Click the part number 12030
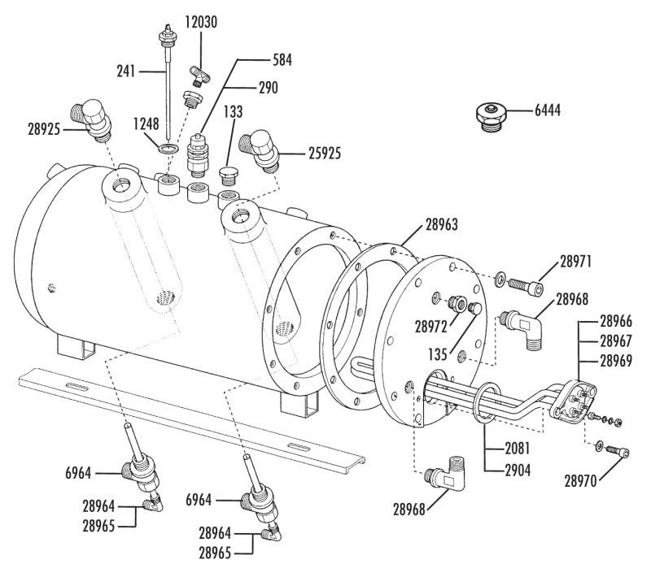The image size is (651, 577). pyautogui.click(x=201, y=22)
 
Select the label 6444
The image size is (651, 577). pyautogui.click(x=547, y=111)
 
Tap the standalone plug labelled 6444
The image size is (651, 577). pyautogui.click(x=491, y=117)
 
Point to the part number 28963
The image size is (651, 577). pyautogui.click(x=442, y=224)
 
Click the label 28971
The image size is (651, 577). pyautogui.click(x=575, y=262)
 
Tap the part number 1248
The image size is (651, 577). pyautogui.click(x=146, y=124)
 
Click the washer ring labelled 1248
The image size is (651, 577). pyautogui.click(x=169, y=148)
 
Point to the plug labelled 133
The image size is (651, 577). pyautogui.click(x=228, y=176)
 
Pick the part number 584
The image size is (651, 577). pyautogui.click(x=282, y=60)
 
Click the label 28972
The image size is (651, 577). pyautogui.click(x=431, y=327)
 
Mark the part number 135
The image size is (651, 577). pyautogui.click(x=438, y=354)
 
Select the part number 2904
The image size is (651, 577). pyautogui.click(x=518, y=471)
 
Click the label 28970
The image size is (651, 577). pyautogui.click(x=580, y=481)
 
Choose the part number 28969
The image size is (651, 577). pyautogui.click(x=616, y=361)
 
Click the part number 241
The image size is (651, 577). pyautogui.click(x=126, y=72)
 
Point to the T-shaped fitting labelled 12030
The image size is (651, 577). pyautogui.click(x=199, y=75)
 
